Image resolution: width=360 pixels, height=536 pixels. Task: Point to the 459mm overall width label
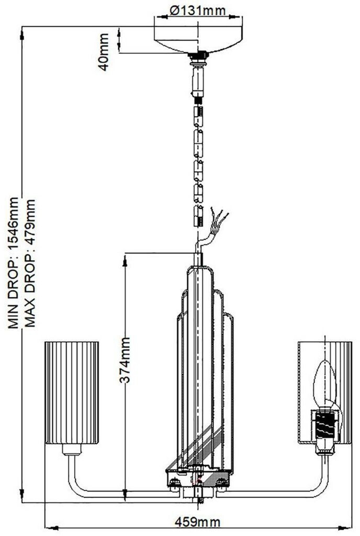click(198, 522)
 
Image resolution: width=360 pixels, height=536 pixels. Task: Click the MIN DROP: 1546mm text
click(14, 262)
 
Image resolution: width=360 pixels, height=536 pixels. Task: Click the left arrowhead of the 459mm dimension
click(49, 527)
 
